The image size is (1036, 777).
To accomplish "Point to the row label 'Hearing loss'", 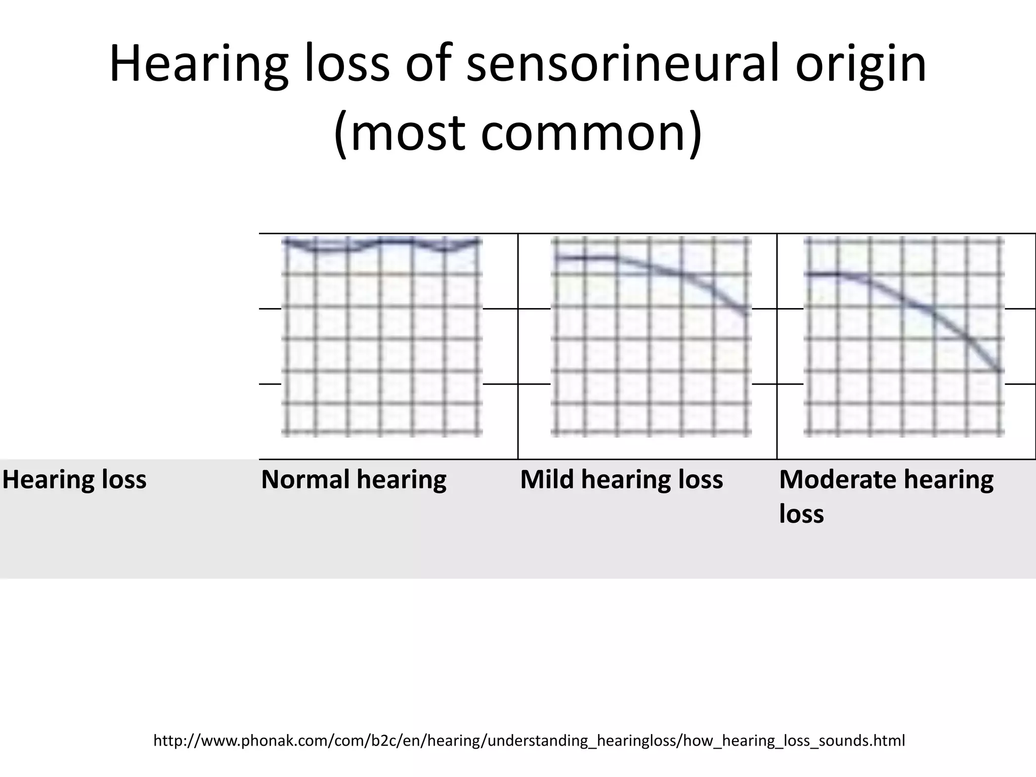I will [x=74, y=479].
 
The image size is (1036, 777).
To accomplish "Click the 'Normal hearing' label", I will [x=354, y=479].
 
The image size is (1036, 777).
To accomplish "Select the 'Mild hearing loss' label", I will [x=621, y=479].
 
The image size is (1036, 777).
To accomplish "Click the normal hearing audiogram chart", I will [x=382, y=336].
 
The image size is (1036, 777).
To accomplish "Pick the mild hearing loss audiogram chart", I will [x=651, y=336].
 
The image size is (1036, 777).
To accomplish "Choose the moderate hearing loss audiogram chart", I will [x=903, y=336].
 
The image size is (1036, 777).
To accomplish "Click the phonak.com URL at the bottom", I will [x=529, y=741].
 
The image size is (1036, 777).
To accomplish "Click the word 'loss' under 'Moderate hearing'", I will [x=801, y=514].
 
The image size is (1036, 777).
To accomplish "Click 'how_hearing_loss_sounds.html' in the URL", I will [x=794, y=741].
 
